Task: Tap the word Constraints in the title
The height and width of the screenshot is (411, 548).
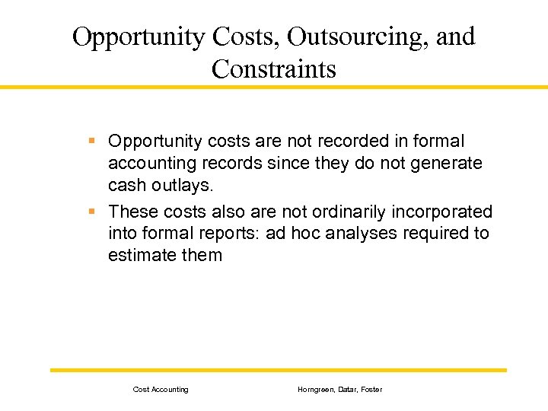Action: [x=274, y=69]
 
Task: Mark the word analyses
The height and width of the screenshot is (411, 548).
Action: [x=362, y=234]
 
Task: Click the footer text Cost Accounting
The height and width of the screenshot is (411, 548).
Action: [x=161, y=390]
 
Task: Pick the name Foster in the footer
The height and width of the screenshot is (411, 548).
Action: [x=372, y=390]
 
